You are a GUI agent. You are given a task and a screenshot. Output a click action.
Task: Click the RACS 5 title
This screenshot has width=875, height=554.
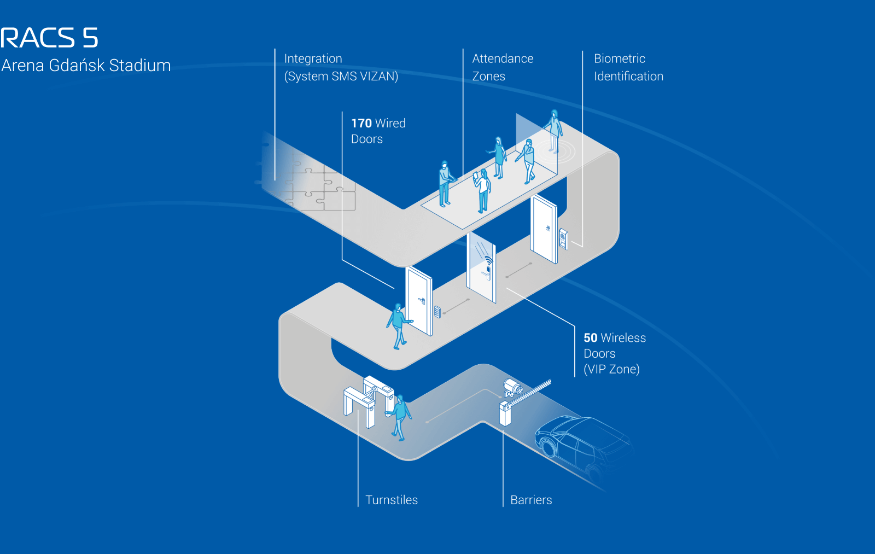pos(49,38)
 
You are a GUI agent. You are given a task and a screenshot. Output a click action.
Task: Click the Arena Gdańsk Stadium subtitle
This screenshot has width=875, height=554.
pos(86,66)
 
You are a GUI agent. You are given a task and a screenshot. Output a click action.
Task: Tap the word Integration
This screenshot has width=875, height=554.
pos(313,59)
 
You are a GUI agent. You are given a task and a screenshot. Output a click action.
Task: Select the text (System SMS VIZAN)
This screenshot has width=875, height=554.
pos(341,76)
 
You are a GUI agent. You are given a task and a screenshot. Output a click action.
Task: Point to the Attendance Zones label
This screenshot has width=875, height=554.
pos(502,67)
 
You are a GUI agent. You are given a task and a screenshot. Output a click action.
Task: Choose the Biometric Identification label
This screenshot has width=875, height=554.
pos(628,67)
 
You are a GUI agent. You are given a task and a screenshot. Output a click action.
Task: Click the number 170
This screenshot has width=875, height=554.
pos(361,124)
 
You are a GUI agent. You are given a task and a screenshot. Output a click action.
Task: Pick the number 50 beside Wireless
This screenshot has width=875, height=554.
pos(590,338)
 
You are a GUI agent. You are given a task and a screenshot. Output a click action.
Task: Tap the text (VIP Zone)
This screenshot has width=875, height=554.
pos(611,369)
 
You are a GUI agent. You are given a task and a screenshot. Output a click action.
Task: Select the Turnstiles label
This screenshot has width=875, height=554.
pos(391,500)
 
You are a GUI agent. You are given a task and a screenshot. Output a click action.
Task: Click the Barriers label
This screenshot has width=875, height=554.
pos(530,500)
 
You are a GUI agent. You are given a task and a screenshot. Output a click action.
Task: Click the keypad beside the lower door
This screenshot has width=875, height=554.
pos(437,312)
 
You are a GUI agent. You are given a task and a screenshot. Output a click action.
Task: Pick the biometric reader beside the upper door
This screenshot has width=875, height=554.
pos(563,238)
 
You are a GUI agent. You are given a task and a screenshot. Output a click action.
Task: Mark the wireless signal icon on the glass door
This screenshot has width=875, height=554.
pos(488,260)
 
